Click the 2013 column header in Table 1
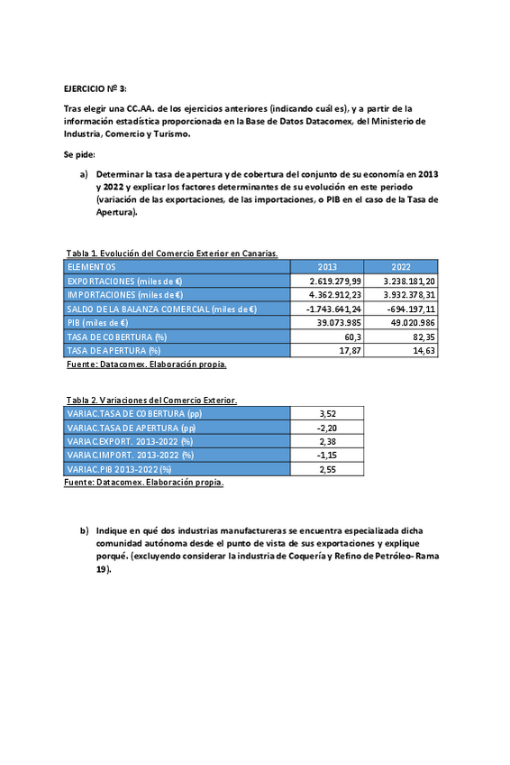(x=327, y=267)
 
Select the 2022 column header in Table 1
(x=401, y=267)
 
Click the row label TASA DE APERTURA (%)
(x=114, y=350)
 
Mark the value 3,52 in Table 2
(x=327, y=413)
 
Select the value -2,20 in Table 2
(x=327, y=428)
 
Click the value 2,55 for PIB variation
(x=327, y=469)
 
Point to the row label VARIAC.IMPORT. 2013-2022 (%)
(x=131, y=456)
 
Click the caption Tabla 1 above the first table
(x=171, y=253)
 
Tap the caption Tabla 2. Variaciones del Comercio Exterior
(x=151, y=400)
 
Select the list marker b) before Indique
(x=85, y=531)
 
